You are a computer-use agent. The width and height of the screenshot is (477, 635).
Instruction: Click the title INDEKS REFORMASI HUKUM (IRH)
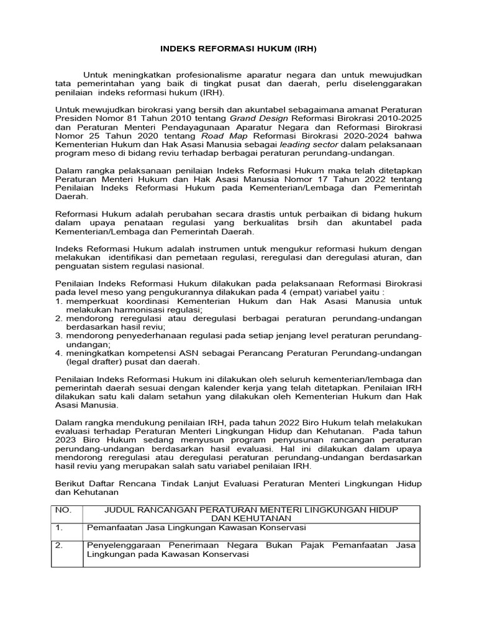pyautogui.click(x=239, y=48)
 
